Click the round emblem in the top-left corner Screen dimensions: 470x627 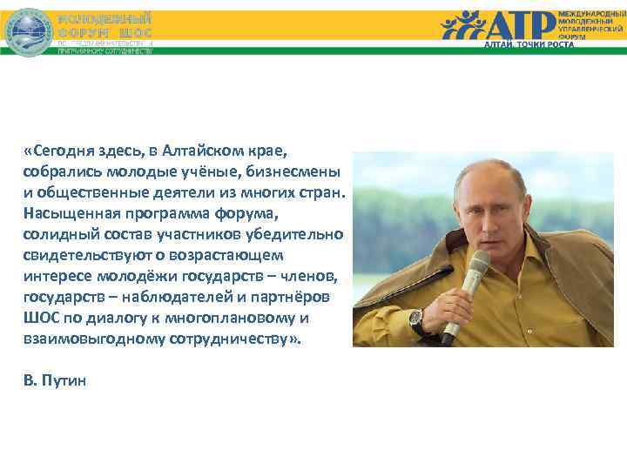tap(30, 31)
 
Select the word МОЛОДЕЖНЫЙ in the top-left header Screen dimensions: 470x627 tap(104, 18)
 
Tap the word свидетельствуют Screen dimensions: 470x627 tap(83, 255)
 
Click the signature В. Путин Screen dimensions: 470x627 tap(56, 381)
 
